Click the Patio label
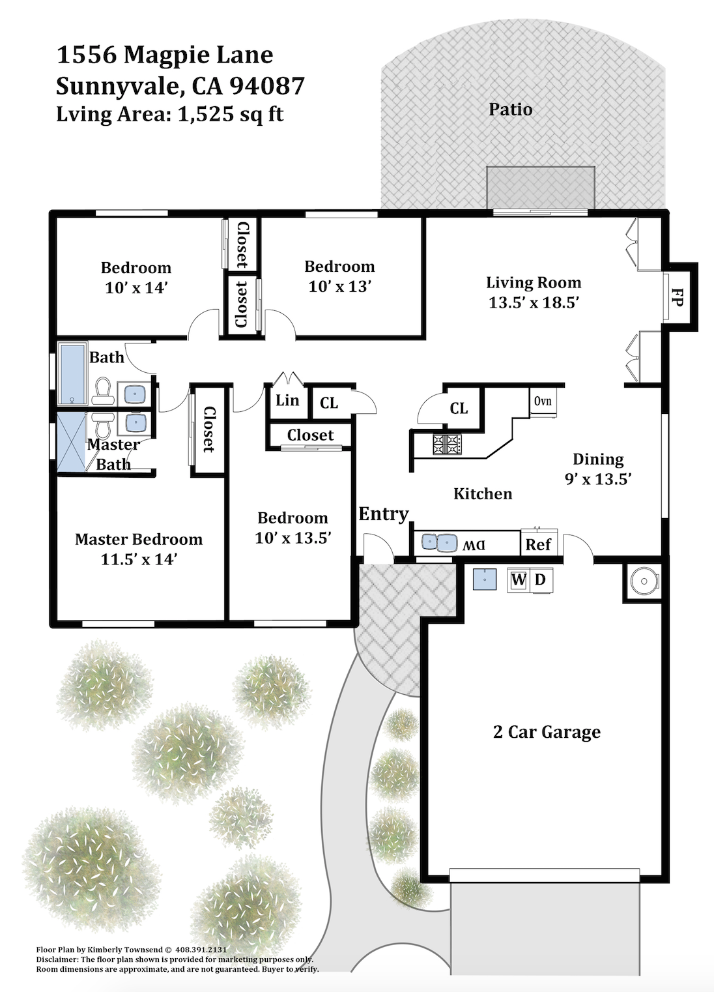point(510,109)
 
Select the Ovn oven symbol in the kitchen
point(543,401)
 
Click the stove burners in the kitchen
point(447,445)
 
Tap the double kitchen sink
point(439,542)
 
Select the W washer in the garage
point(519,579)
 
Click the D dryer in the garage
point(541,579)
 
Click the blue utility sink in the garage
point(485,579)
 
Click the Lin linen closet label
point(287,401)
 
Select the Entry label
point(383,515)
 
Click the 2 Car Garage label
point(547,731)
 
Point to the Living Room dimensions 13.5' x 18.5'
point(534,302)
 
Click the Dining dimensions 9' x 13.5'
point(598,479)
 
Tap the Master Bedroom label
point(139,540)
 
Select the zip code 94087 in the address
point(267,86)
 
